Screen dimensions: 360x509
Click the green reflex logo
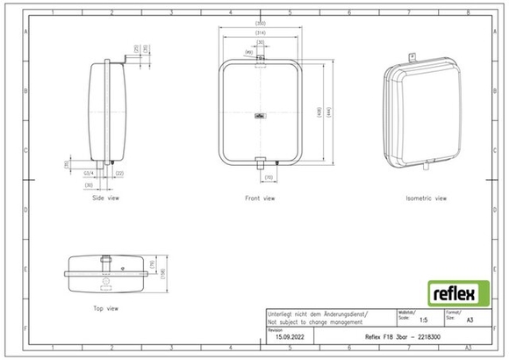458,292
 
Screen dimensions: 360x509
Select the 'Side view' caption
106,198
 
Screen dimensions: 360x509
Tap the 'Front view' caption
260,198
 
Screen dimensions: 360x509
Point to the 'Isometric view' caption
426,198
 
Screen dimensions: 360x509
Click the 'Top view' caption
105,308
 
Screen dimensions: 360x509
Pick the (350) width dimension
261,22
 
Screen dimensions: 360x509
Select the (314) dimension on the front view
261,32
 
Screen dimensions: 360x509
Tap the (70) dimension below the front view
269,178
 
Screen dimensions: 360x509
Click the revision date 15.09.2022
289,336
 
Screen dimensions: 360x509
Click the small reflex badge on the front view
261,113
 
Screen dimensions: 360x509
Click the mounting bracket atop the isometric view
409,59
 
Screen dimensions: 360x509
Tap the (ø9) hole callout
249,53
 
